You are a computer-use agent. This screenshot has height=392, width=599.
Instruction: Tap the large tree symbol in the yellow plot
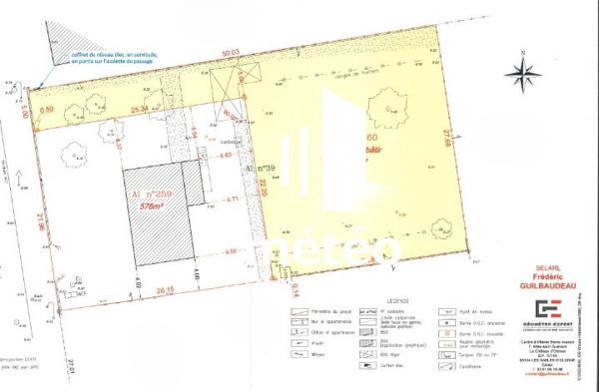tap(382, 100)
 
